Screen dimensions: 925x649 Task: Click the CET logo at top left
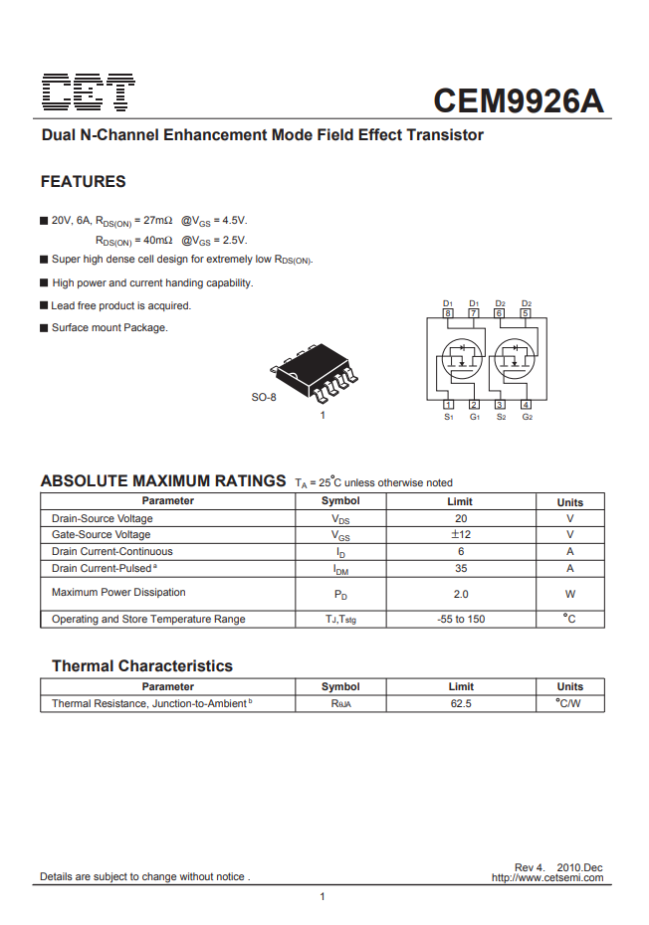pyautogui.click(x=89, y=93)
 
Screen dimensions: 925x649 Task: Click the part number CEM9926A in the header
pyautogui.click(x=519, y=100)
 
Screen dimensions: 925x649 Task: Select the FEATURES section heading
pyautogui.click(x=83, y=182)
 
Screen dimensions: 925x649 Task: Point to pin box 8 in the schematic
pyautogui.click(x=448, y=313)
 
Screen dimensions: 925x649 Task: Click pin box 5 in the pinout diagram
pyautogui.click(x=526, y=313)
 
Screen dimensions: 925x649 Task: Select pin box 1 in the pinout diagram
pyautogui.click(x=448, y=404)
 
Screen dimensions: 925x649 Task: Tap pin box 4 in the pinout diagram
pyautogui.click(x=526, y=404)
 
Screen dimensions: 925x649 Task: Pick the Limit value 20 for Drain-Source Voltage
pyautogui.click(x=461, y=518)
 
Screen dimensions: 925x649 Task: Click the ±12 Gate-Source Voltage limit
pyautogui.click(x=461, y=535)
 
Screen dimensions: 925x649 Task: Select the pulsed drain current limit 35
pyautogui.click(x=461, y=568)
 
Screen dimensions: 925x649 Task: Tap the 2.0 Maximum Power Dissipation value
pyautogui.click(x=461, y=594)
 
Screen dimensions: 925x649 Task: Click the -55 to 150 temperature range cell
pyautogui.click(x=461, y=619)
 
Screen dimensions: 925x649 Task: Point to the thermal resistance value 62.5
pyautogui.click(x=461, y=703)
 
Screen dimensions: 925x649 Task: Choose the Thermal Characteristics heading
pyautogui.click(x=142, y=666)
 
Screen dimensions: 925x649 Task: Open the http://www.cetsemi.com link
pyautogui.click(x=546, y=877)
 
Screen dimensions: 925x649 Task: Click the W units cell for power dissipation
pyautogui.click(x=570, y=594)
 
